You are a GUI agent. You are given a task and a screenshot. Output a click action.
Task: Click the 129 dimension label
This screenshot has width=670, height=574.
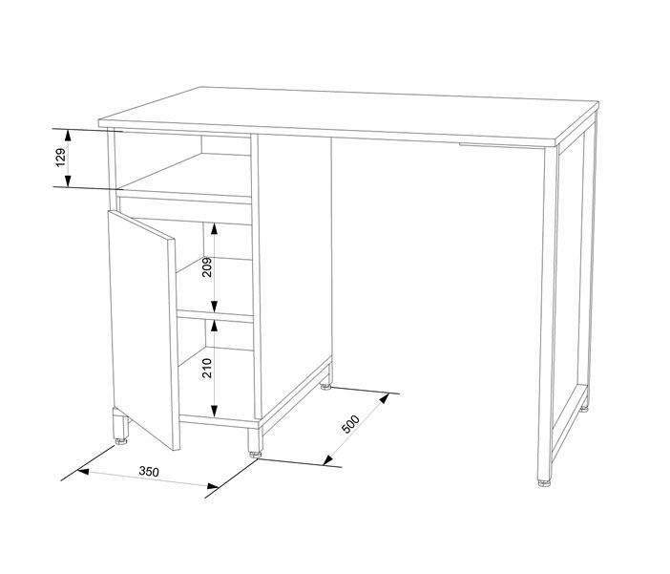[61, 158]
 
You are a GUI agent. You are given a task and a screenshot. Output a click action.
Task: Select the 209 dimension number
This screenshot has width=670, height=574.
[207, 267]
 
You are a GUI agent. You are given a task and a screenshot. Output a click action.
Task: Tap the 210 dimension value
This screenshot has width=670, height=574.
[207, 369]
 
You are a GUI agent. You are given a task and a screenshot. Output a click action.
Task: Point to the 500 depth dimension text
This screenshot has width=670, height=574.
[351, 424]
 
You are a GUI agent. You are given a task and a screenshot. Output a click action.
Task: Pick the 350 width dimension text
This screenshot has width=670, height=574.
[149, 472]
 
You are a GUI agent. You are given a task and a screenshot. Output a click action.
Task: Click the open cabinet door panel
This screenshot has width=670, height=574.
[143, 330]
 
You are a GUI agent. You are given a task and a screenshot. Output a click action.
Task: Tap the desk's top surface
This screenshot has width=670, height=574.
[348, 115]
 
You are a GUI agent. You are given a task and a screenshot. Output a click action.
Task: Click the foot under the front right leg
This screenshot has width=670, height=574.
[544, 483]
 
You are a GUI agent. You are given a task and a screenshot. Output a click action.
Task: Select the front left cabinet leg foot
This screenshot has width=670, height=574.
[121, 441]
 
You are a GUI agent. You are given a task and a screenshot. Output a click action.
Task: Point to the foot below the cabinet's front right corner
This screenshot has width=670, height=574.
[256, 455]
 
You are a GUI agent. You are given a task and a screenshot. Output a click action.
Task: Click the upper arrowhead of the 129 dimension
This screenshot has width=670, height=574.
[67, 136]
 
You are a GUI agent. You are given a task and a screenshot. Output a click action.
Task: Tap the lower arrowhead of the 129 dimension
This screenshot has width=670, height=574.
[67, 181]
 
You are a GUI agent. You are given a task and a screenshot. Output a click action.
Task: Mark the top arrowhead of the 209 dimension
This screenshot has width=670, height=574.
[215, 229]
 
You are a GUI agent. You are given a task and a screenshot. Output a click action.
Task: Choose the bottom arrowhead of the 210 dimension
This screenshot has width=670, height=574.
[215, 411]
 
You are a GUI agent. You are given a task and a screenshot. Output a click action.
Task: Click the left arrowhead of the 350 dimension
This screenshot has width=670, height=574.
[82, 472]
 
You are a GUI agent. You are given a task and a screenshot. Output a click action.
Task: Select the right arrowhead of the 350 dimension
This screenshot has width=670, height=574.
[213, 486]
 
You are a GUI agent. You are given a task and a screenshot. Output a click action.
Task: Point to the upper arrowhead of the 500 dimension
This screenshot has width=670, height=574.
[385, 398]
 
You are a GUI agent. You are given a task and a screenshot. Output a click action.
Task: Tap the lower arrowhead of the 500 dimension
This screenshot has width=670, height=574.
[327, 459]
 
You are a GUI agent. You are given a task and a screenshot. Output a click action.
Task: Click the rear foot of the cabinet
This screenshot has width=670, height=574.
[326, 387]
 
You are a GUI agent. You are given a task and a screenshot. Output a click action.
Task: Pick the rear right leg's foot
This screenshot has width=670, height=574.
[584, 409]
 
